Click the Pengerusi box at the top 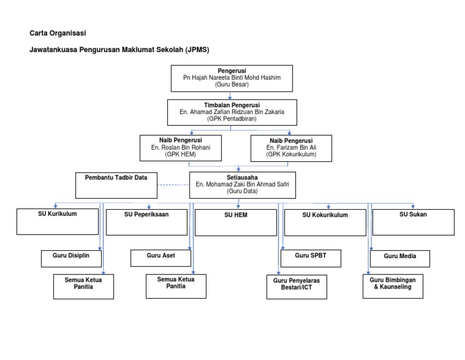(x=232, y=78)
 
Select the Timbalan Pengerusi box (x=232, y=112)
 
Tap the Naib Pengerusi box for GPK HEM (x=180, y=148)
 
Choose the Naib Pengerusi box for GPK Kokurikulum (x=291, y=148)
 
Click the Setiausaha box (x=242, y=185)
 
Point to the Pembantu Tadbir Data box (x=116, y=185)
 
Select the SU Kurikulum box (x=58, y=221)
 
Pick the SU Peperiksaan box (x=147, y=222)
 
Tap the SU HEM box (x=236, y=222)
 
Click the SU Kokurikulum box (x=325, y=222)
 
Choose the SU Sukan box (x=413, y=222)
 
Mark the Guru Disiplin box (x=71, y=259)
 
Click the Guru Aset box (x=160, y=258)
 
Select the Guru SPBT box (x=311, y=258)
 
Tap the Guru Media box (x=400, y=259)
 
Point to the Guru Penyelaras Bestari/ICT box (x=297, y=287)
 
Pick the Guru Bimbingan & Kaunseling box (x=392, y=286)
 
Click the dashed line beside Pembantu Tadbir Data (x=173, y=185)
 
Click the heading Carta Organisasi (x=58, y=33)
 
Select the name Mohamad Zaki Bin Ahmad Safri (x=247, y=184)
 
